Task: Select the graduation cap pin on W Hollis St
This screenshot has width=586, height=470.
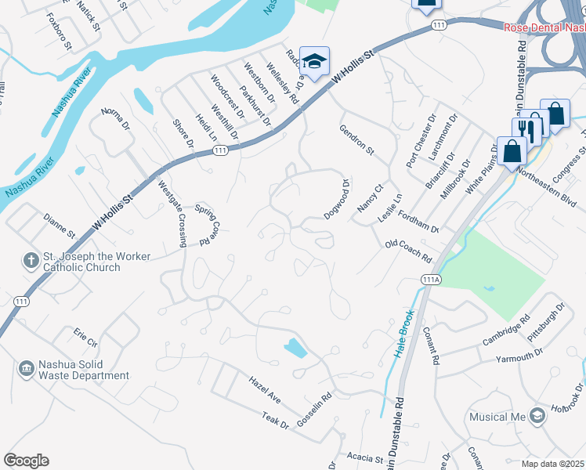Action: tap(314, 61)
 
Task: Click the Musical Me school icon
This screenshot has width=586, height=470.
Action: tap(537, 415)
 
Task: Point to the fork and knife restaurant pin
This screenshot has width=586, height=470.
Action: tap(533, 126)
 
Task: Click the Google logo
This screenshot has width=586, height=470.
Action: tap(26, 461)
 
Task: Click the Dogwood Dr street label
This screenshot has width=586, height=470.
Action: tap(338, 199)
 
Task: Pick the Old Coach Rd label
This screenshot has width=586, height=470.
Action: tap(408, 251)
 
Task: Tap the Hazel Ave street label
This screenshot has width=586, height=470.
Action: tap(265, 389)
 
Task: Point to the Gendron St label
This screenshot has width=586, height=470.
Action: tap(356, 139)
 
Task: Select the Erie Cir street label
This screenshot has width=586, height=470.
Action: tap(85, 338)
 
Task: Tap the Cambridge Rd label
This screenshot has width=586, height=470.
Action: tap(506, 330)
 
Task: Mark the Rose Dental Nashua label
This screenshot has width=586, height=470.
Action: tap(544, 28)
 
